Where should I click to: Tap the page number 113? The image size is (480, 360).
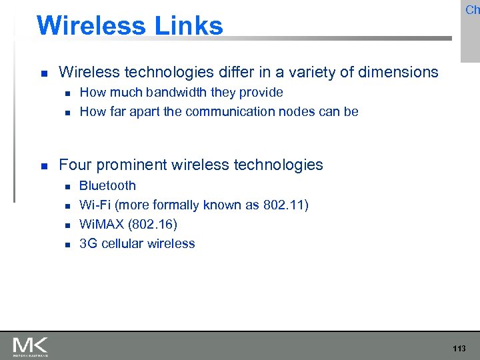[x=459, y=349]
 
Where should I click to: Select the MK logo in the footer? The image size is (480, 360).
[x=30, y=347]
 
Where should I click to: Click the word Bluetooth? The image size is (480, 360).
[x=107, y=185]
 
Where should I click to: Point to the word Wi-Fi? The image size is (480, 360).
[x=95, y=205]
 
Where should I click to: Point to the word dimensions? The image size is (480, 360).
[x=398, y=72]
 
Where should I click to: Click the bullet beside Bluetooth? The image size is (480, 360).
[x=67, y=187]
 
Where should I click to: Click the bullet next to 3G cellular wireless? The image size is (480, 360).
[x=67, y=245]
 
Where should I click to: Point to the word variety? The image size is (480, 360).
[x=292, y=72]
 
